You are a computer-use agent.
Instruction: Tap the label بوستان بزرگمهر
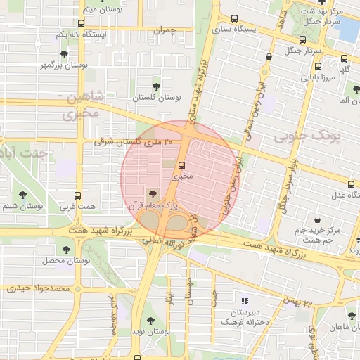point(85,65)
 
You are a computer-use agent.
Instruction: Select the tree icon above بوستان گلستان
point(156,86)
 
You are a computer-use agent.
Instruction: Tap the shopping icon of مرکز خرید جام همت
point(319,219)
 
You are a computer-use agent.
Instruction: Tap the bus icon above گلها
point(344,59)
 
